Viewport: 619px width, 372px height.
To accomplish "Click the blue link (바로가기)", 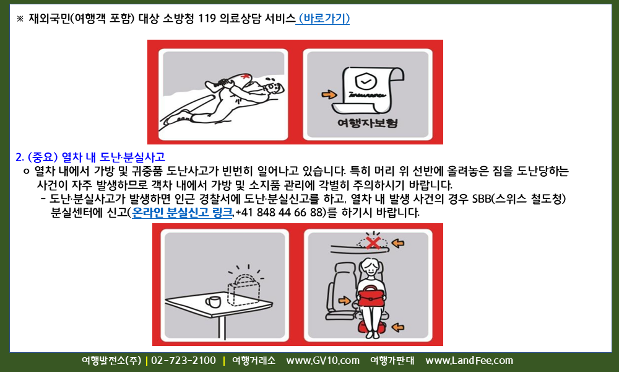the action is pyautogui.click(x=323, y=19).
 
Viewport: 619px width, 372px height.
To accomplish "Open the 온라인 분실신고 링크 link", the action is pyautogui.click(x=182, y=213).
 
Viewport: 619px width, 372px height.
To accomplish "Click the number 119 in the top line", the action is pyautogui.click(x=207, y=19).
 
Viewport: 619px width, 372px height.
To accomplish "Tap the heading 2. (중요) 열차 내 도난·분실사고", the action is pyautogui.click(x=90, y=157).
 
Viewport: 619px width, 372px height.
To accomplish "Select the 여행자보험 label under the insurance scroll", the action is pyautogui.click(x=368, y=123).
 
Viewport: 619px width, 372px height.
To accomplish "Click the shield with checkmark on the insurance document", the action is pyautogui.click(x=366, y=81).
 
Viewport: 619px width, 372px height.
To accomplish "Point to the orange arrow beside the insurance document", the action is pyautogui.click(x=329, y=94).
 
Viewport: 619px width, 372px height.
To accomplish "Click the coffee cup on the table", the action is pyautogui.click(x=213, y=302).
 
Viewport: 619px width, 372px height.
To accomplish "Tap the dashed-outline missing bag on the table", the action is pyautogui.click(x=243, y=291).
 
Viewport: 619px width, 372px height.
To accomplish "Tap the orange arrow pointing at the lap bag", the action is pyautogui.click(x=344, y=301).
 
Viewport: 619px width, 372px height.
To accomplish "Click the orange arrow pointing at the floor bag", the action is pyautogui.click(x=398, y=327).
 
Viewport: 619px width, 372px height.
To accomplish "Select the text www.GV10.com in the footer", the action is pyautogui.click(x=323, y=361).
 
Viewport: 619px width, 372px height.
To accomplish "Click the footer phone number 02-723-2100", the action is pyautogui.click(x=184, y=361).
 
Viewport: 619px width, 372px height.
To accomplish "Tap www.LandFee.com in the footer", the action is pyautogui.click(x=469, y=361).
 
